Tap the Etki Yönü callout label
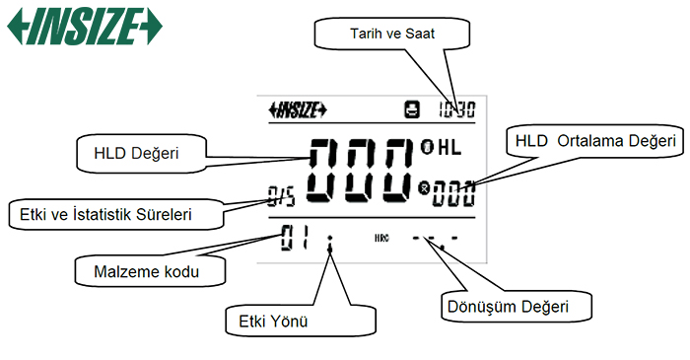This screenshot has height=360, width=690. pos(268,320)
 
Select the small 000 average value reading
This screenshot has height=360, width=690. pos(453,189)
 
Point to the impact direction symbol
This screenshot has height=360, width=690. pos(330,240)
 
